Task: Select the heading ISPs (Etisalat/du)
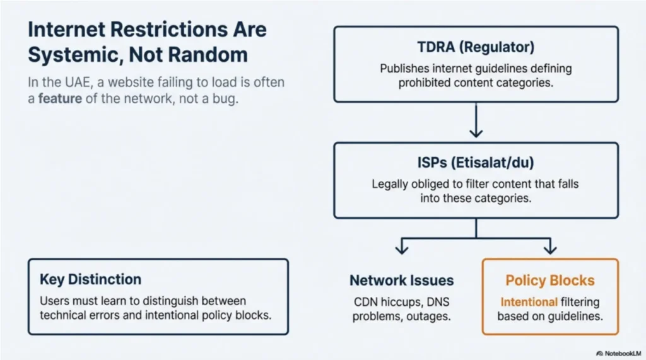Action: pyautogui.click(x=476, y=163)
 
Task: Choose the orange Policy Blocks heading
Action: pyautogui.click(x=549, y=281)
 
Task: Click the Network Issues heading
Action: pyautogui.click(x=401, y=281)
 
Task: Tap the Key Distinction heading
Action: pyautogui.click(x=90, y=279)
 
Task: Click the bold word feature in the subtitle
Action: pyautogui.click(x=59, y=100)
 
